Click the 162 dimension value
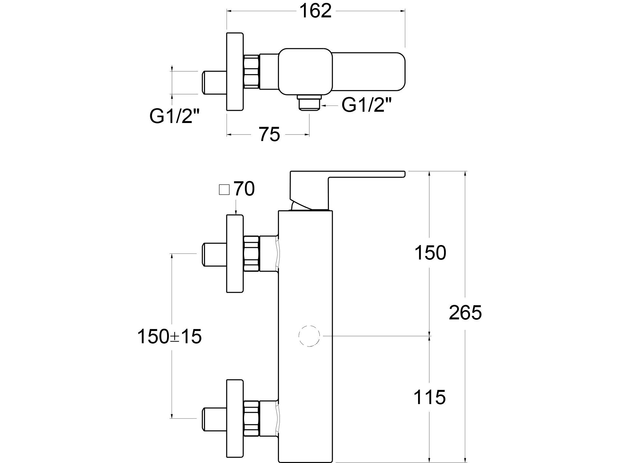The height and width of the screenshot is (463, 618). click(315, 12)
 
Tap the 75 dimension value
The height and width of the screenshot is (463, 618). click(270, 134)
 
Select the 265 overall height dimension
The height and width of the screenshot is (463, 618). click(465, 312)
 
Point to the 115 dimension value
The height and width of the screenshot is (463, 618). click(429, 397)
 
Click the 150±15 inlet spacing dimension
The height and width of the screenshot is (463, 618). click(170, 336)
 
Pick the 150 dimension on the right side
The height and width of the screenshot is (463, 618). click(430, 253)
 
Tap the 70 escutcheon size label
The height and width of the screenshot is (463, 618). click(244, 189)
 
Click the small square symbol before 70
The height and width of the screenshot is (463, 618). click(224, 190)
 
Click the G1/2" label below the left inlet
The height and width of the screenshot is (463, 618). click(174, 116)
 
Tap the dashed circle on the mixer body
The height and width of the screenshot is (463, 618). click(309, 336)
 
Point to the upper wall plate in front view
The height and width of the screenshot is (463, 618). click(235, 253)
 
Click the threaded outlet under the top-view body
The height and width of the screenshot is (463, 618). click(309, 103)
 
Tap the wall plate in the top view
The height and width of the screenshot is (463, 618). click(235, 71)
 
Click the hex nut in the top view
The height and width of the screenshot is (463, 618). click(251, 71)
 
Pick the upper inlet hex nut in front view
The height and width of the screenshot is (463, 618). click(251, 253)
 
